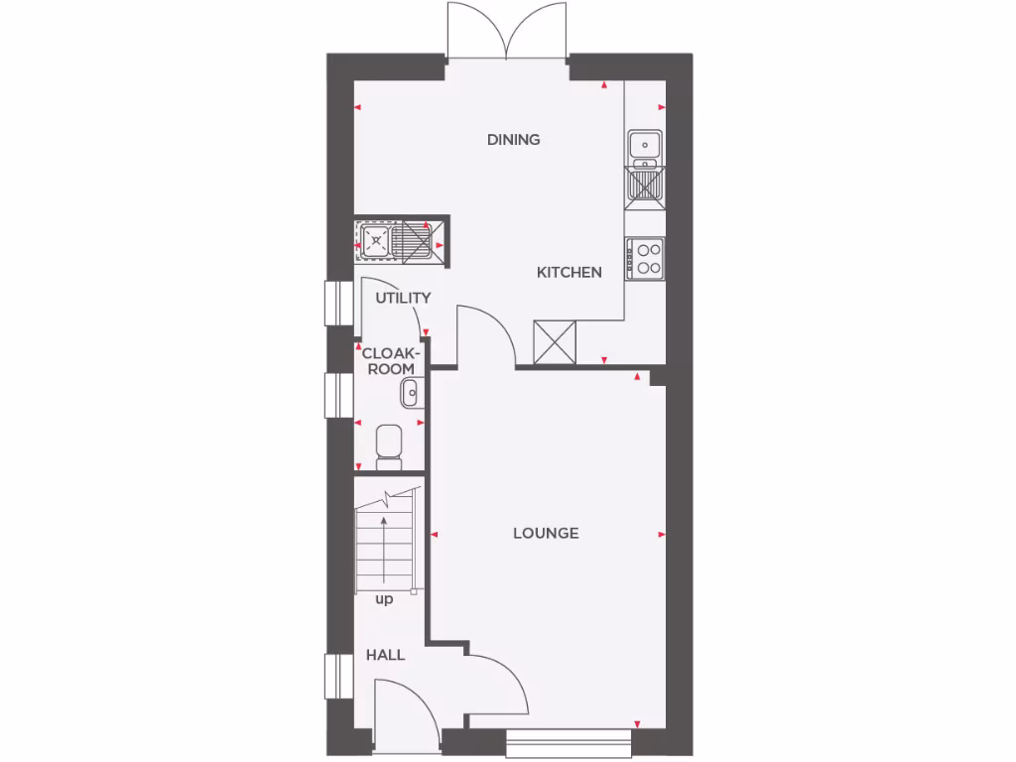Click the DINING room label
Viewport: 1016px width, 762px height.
[x=513, y=140]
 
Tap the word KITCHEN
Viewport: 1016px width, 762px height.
[x=569, y=272]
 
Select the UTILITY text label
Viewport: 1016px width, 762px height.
[x=403, y=298]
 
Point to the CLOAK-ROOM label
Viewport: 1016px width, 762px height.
[x=391, y=360]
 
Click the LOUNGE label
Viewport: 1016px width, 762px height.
[x=546, y=533]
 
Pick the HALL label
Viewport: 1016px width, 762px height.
[x=385, y=655]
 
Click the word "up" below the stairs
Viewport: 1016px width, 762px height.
[x=384, y=599]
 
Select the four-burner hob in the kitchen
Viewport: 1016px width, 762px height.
[x=646, y=258]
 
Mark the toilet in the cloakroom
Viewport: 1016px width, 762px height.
[x=388, y=446]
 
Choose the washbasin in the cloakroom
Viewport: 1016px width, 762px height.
[x=410, y=394]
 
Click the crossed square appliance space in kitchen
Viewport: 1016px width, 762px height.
[x=556, y=341]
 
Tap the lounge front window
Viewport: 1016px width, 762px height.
[x=569, y=743]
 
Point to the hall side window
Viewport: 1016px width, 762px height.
[x=338, y=679]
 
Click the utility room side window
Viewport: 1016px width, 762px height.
[x=338, y=303]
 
